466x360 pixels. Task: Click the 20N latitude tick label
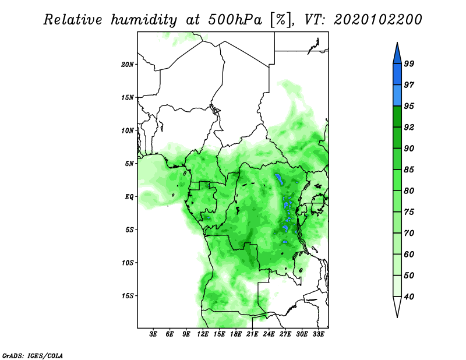click(x=127, y=65)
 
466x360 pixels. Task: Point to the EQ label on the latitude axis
click(x=129, y=197)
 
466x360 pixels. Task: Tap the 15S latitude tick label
click(x=127, y=296)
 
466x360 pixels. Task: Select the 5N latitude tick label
click(x=129, y=164)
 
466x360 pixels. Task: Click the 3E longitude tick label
click(x=153, y=334)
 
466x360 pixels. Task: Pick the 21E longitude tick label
click(x=252, y=334)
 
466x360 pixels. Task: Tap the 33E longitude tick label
click(x=318, y=334)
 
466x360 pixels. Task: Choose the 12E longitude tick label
click(x=203, y=334)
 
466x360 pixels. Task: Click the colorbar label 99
click(x=409, y=63)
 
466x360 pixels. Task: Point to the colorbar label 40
click(x=409, y=297)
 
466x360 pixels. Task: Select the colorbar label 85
click(x=409, y=170)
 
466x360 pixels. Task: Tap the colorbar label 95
click(x=409, y=106)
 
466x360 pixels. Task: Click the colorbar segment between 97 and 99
click(x=397, y=75)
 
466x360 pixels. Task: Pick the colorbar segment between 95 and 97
click(x=397, y=96)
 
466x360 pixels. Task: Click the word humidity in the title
click(x=144, y=20)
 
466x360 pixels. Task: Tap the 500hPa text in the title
click(x=235, y=20)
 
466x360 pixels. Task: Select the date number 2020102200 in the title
click(x=377, y=20)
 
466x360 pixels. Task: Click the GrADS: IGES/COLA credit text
click(x=33, y=356)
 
